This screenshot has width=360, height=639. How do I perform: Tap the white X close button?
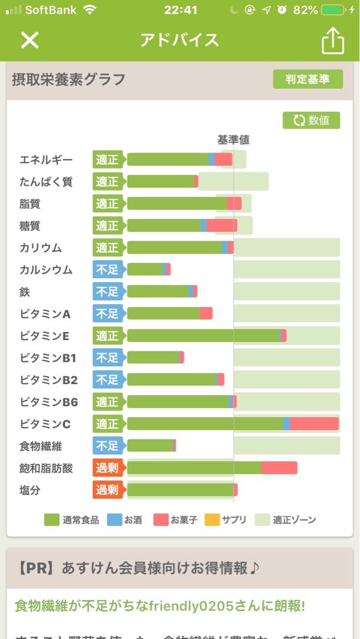click(30, 40)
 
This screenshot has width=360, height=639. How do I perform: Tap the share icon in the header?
click(333, 41)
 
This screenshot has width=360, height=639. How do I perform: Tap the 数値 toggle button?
click(311, 120)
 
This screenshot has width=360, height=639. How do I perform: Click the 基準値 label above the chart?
click(233, 140)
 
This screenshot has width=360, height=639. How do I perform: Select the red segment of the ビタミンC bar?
click(314, 424)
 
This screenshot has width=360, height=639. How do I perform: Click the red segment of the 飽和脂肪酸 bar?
click(279, 468)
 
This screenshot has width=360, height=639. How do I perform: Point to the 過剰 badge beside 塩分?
click(108, 490)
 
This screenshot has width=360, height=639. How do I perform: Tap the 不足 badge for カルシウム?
click(108, 270)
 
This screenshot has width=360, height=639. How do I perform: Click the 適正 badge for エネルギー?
click(108, 160)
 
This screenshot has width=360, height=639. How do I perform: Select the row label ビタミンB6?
click(49, 402)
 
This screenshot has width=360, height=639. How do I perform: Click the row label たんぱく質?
click(46, 182)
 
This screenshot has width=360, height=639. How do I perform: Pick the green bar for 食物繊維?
click(150, 446)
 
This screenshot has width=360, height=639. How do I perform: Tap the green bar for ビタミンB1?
click(153, 357)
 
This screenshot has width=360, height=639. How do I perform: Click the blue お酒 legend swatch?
click(114, 520)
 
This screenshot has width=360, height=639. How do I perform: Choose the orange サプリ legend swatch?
click(212, 520)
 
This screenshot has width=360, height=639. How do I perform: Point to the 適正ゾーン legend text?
click(294, 520)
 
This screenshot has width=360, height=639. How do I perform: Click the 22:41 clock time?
click(181, 10)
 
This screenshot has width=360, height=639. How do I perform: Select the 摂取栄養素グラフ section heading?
click(69, 79)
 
